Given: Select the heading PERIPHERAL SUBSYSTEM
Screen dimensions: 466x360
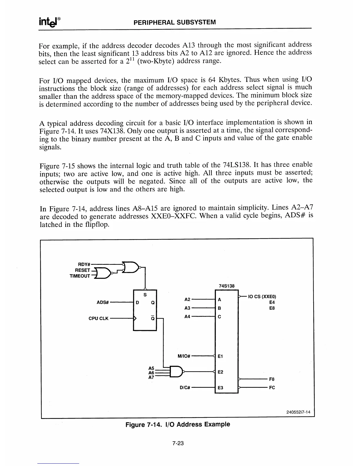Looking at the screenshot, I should pos(175,22).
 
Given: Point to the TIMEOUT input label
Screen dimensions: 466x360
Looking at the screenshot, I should pos(80,276).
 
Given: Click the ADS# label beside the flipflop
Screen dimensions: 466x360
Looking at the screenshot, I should pos(103,302).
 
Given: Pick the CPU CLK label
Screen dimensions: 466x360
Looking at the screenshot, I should pos(99,318).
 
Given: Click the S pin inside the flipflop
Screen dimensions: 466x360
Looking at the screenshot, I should pos(145,295).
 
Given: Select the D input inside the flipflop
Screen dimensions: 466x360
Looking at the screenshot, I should pos(137,302).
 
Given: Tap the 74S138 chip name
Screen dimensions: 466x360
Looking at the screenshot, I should pos(226,286).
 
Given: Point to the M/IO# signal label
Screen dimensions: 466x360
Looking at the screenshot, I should pos(185,356).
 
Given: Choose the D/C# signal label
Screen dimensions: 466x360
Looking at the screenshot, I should pos(185,387).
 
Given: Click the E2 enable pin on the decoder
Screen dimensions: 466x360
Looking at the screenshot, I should pos(220,372).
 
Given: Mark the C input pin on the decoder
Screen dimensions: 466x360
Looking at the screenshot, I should pos(219,317).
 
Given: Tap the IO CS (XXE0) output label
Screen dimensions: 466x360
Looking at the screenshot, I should pos(262,297).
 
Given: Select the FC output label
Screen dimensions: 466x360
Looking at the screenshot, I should pos(272,387).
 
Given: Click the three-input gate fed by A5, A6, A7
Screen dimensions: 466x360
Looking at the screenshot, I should pos(176,372).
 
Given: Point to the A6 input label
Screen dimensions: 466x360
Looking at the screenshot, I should pos(151,372).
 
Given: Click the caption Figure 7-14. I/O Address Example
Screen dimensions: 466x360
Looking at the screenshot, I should pos(178,425).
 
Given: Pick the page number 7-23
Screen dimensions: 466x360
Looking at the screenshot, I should pos(178,444).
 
